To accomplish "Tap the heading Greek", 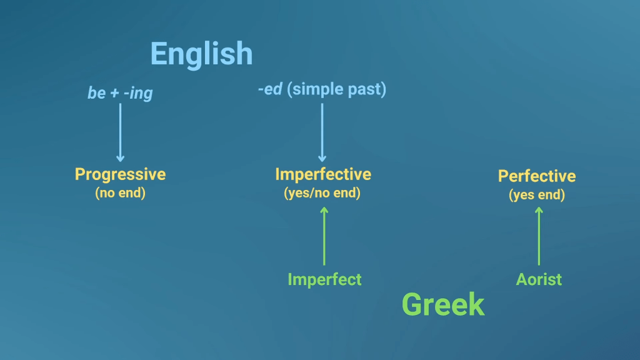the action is tap(443, 304).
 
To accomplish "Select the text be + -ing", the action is tap(120, 93).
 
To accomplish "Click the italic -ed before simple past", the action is tap(270, 89).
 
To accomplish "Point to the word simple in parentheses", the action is tap(315, 89).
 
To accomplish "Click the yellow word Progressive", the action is tap(120, 175).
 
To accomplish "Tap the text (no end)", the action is tap(120, 192).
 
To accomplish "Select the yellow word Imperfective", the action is tap(323, 174).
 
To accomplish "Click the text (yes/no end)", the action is tap(322, 192).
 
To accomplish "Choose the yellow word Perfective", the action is tap(537, 176).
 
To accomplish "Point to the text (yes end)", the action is tap(537, 195).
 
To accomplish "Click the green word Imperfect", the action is tap(324, 279).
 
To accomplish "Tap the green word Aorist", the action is tap(539, 279).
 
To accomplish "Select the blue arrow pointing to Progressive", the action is tap(120, 132).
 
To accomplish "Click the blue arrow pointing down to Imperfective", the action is tap(322, 132).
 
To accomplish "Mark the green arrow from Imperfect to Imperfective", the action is tap(324, 236).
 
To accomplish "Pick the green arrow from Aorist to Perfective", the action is tap(539, 236).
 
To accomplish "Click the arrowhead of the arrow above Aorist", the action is tap(539, 210).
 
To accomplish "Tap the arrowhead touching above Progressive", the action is tap(120, 159).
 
